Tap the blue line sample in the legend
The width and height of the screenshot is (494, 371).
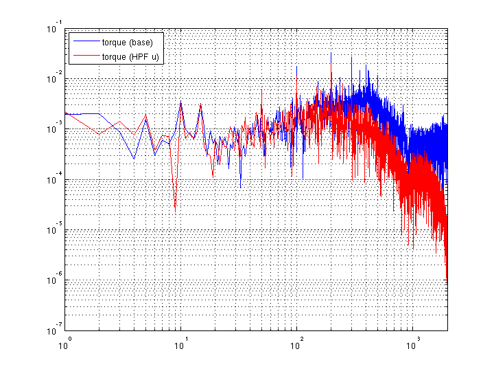tap(84, 43)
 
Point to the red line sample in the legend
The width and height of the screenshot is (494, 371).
tap(84, 56)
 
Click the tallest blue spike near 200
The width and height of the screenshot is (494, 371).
tap(331, 52)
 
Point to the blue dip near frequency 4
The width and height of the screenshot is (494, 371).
tap(134, 159)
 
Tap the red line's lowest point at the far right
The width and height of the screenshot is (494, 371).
tap(447, 279)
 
